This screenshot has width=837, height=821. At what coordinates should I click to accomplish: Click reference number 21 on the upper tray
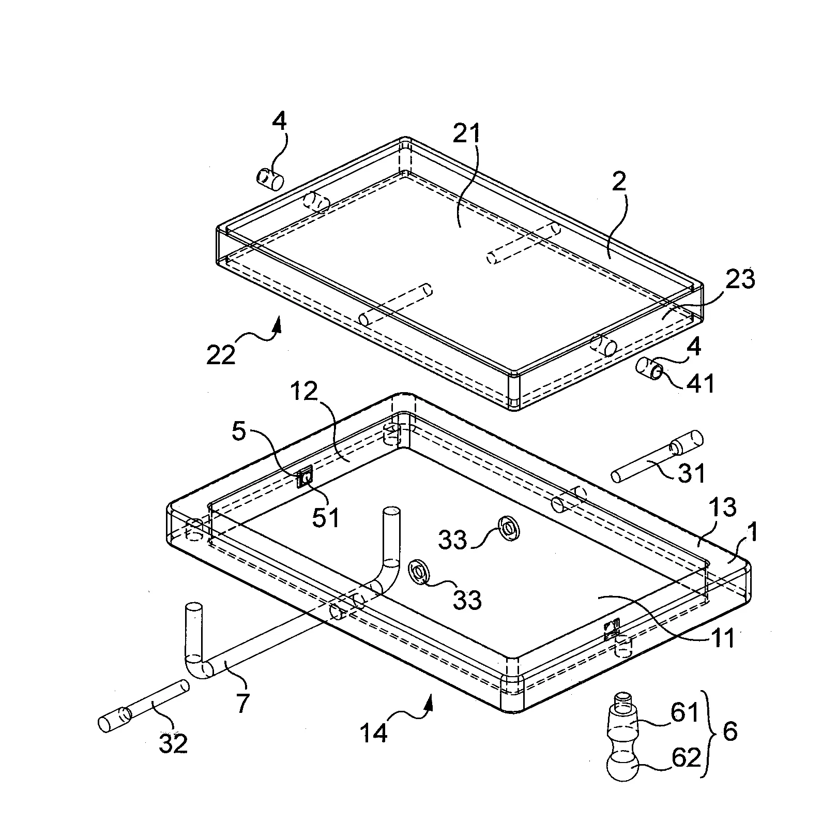pyautogui.click(x=466, y=136)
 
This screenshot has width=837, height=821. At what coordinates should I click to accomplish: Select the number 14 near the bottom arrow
pyautogui.click(x=374, y=734)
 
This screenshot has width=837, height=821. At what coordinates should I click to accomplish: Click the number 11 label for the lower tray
pyautogui.click(x=721, y=639)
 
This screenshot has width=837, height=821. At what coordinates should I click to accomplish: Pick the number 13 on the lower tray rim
pyautogui.click(x=722, y=508)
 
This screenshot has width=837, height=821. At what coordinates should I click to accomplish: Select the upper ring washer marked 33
pyautogui.click(x=509, y=528)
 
